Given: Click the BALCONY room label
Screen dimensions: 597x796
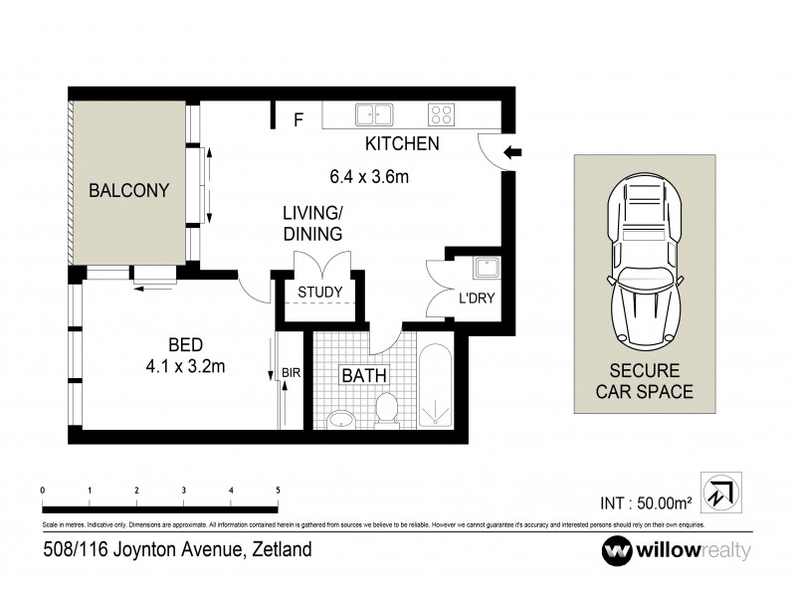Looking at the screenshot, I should (128, 190).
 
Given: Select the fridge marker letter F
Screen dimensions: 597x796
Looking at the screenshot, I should (297, 121).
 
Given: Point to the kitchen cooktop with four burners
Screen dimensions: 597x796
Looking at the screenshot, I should (441, 114).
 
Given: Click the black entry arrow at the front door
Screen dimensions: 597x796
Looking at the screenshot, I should (513, 152).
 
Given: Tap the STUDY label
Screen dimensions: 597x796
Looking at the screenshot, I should (320, 293).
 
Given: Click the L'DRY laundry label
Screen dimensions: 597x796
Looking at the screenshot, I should (476, 298).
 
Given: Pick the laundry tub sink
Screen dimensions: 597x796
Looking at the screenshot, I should (488, 269).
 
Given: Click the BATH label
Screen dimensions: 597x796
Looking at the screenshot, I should (364, 376).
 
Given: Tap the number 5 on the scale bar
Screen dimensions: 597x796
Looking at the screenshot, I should (278, 491).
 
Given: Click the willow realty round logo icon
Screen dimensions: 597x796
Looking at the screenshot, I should (617, 549).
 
